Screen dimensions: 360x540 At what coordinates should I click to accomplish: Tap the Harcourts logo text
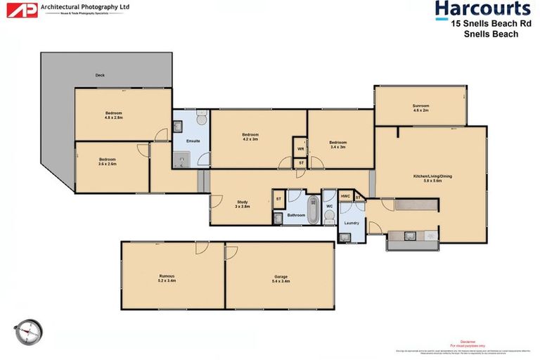(x=482, y=9)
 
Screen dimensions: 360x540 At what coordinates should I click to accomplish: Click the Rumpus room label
(x=166, y=278)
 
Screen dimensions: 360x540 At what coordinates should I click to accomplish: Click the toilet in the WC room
(x=329, y=218)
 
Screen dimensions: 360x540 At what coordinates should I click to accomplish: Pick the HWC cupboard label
(x=345, y=196)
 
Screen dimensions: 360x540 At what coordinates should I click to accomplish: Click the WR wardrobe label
(x=300, y=149)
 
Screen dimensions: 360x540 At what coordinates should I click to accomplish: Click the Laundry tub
(x=345, y=237)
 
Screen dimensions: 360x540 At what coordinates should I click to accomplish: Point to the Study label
(x=242, y=205)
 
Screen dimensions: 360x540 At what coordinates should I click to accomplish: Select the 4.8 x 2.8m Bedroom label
(x=115, y=115)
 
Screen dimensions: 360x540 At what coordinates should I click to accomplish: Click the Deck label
(x=101, y=75)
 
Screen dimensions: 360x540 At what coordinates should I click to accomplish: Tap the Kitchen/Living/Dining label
(x=427, y=178)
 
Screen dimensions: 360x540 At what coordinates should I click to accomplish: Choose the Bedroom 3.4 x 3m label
(x=337, y=144)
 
